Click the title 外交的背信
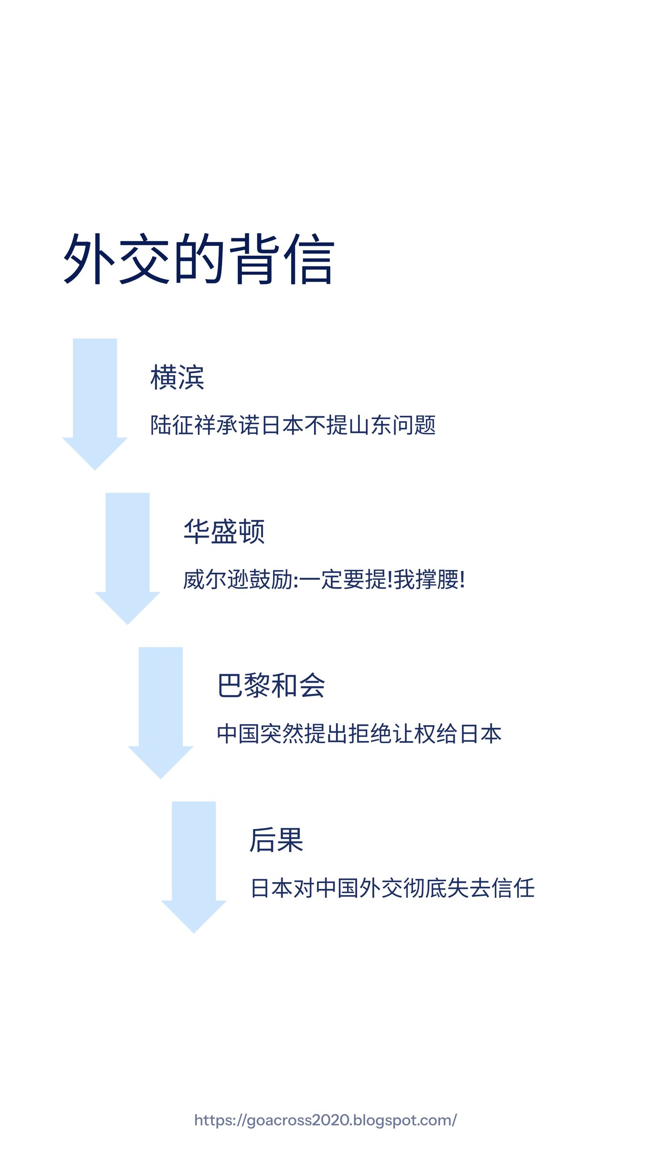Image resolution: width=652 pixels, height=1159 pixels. pos(199,259)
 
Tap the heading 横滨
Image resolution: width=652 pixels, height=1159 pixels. pos(177,377)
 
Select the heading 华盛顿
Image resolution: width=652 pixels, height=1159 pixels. pos(224,531)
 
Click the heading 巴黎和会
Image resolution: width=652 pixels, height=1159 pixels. pos(271,685)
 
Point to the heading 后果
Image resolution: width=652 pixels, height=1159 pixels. pos(276,840)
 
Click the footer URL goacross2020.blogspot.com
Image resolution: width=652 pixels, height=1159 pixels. pos(326,1120)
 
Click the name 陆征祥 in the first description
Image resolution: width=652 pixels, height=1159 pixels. pos(183,425)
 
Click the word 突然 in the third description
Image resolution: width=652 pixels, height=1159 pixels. pos(282,734)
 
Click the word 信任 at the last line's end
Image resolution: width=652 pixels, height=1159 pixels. pos(513,888)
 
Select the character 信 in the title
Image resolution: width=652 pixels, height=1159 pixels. pos(309,259)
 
